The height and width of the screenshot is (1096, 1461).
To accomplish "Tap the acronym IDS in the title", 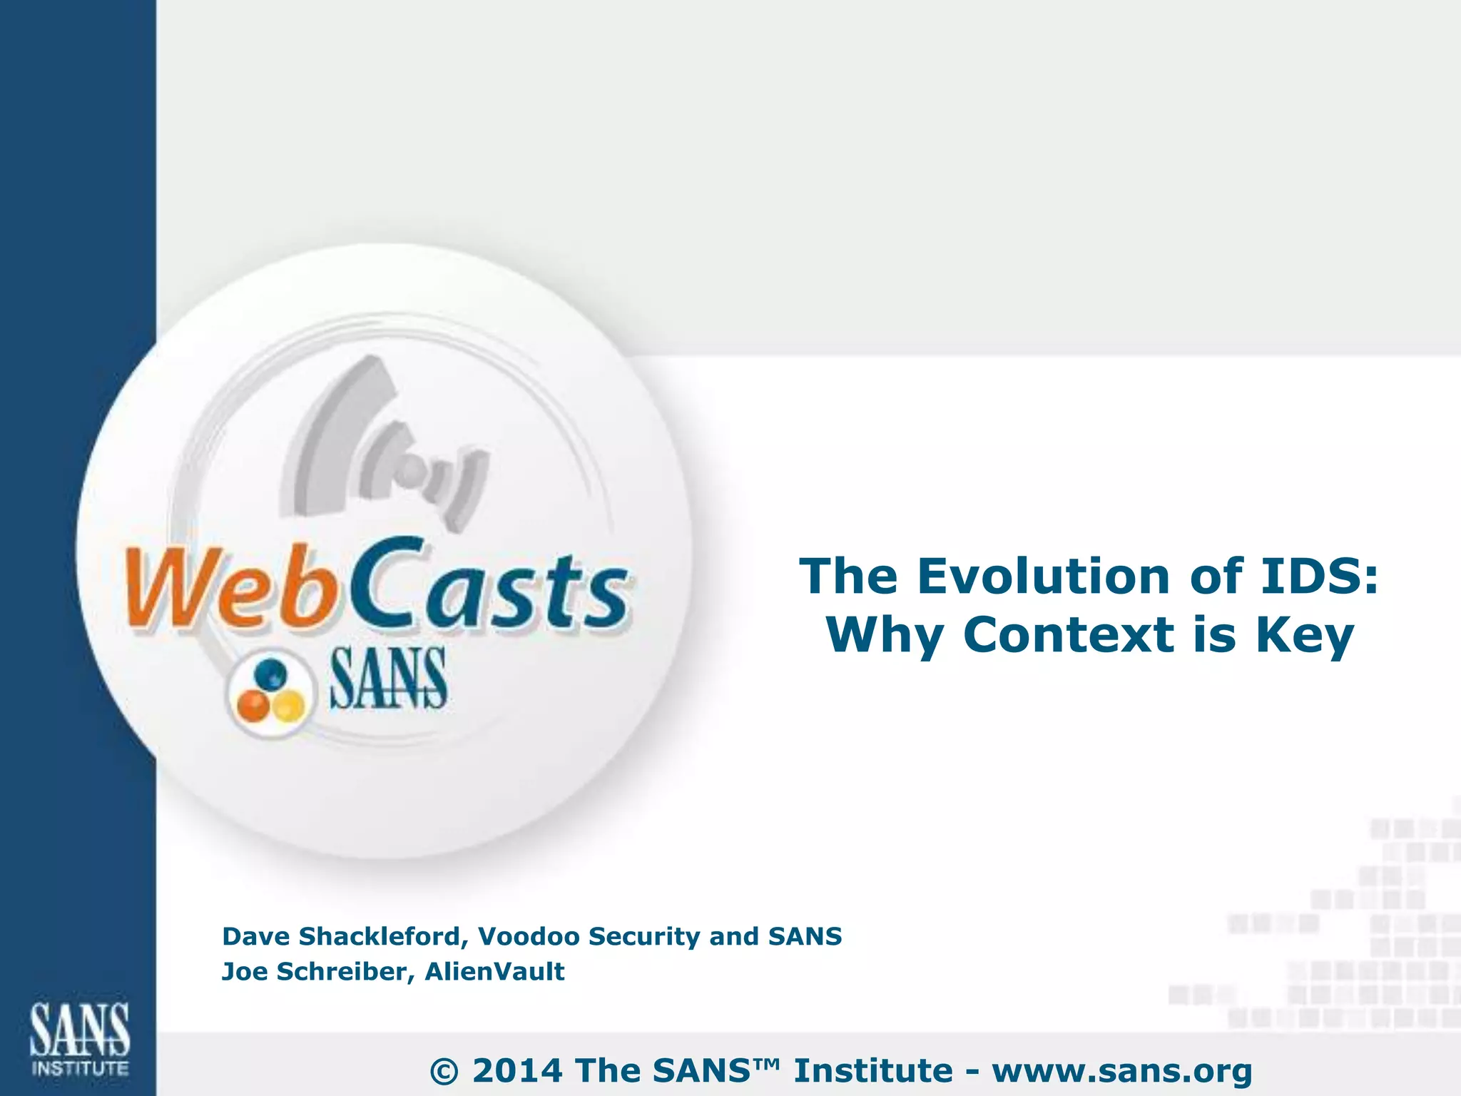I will tap(1319, 576).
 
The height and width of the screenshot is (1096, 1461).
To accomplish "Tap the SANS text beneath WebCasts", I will tap(388, 679).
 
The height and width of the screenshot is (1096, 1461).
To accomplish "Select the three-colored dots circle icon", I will tap(270, 692).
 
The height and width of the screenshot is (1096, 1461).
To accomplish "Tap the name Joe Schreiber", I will tap(314, 972).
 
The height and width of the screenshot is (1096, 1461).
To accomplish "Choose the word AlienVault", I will tap(494, 972).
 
